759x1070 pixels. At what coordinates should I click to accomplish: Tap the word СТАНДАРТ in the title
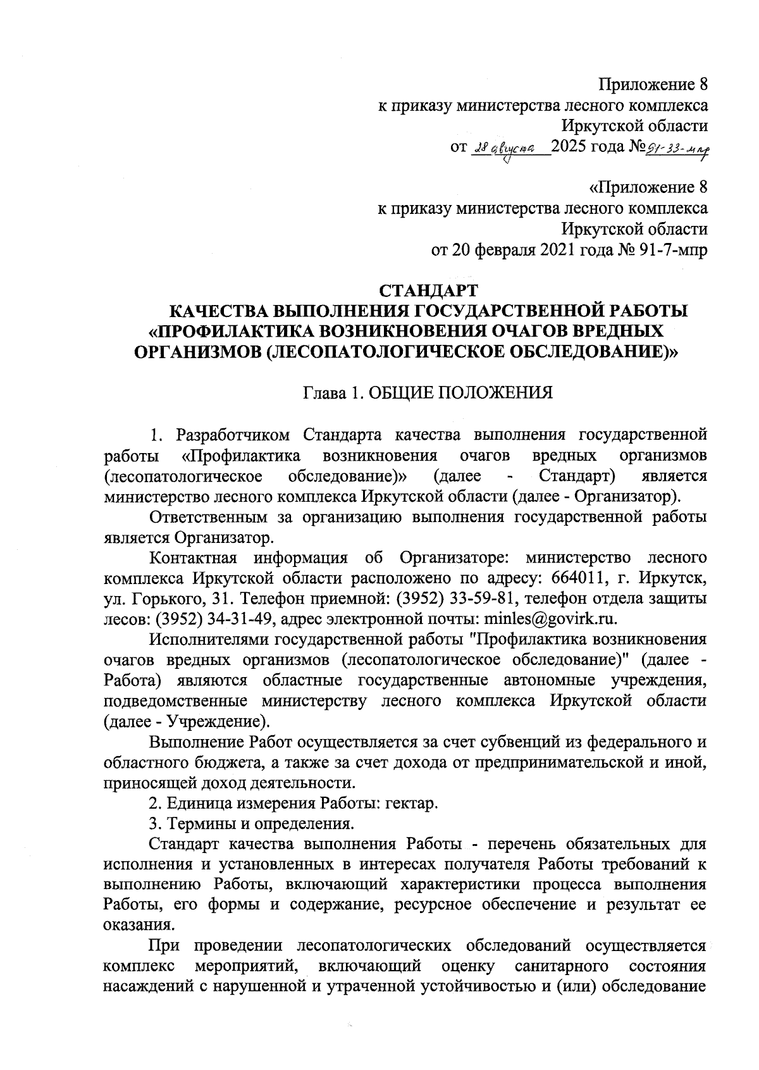[428, 290]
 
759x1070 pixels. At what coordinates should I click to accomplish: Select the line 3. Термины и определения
[250, 824]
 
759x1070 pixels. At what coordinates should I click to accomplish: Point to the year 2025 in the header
[569, 147]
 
